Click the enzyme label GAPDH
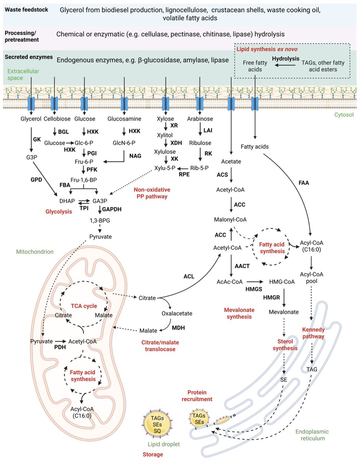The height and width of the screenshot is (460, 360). (111, 209)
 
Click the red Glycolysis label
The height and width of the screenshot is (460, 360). (63, 211)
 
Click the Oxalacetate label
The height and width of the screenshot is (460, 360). (177, 313)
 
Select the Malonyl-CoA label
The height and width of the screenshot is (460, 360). (230, 219)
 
